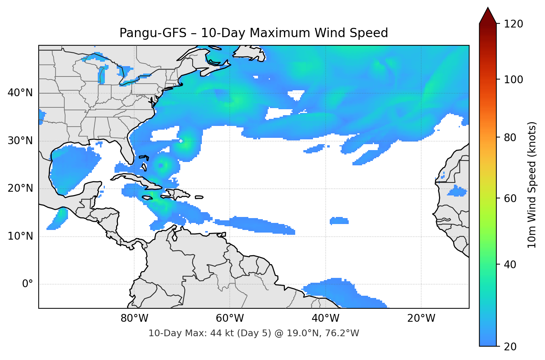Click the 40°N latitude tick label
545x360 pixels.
(20, 93)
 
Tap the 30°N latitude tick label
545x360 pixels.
(20, 141)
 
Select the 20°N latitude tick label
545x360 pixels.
(20, 188)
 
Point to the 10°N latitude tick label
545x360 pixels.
(20, 236)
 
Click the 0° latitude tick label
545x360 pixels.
(27, 284)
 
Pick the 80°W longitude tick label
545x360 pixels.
(134, 318)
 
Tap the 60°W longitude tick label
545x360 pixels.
(230, 318)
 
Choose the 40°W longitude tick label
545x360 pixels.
(325, 318)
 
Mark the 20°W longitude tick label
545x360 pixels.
(421, 318)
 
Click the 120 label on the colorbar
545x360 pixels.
(513, 24)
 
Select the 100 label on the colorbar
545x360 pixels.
(513, 80)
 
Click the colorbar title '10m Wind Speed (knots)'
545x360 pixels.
(532, 185)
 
